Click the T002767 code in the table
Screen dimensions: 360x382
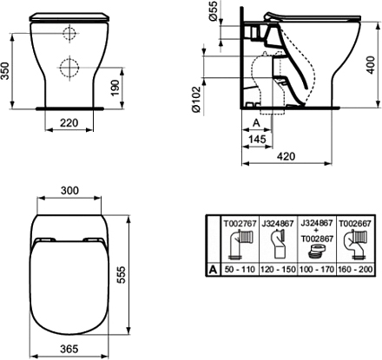[x=239, y=223]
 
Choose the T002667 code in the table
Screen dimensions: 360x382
[x=354, y=223]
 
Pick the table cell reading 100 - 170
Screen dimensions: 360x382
[x=316, y=270]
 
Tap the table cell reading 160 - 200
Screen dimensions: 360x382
[x=354, y=270]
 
